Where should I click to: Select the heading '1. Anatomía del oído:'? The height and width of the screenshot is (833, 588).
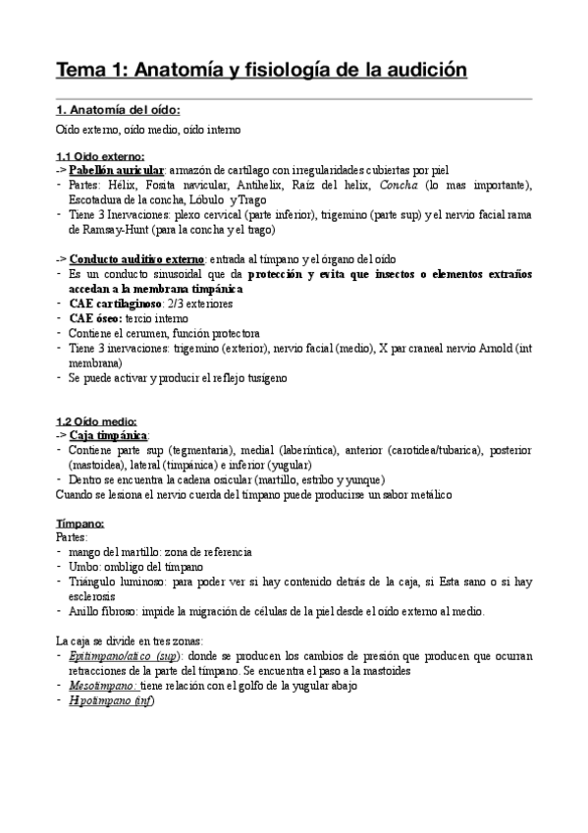118,109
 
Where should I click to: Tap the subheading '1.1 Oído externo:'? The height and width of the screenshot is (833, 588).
100,156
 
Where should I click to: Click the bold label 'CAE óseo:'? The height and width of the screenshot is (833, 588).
101,319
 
